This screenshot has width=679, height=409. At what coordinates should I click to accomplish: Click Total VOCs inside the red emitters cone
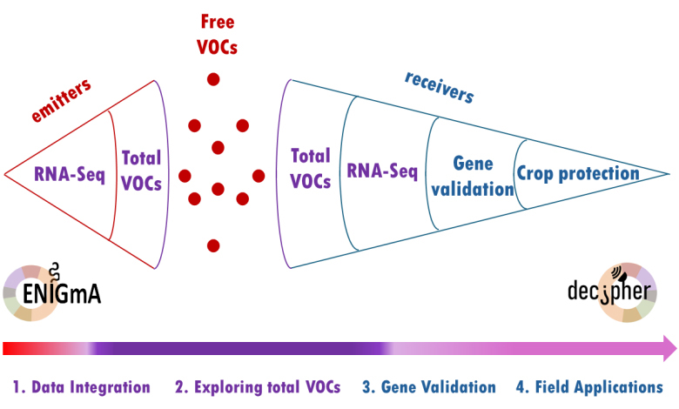[x=141, y=171]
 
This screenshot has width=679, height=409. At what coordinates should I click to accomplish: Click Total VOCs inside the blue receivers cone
[x=311, y=169]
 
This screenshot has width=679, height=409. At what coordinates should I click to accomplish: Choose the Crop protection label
[x=578, y=174]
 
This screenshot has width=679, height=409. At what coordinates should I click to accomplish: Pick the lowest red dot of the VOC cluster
[x=212, y=245]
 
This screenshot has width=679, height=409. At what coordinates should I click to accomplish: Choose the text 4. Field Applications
[x=589, y=387]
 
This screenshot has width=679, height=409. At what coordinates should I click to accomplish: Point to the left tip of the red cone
[x=7, y=174]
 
